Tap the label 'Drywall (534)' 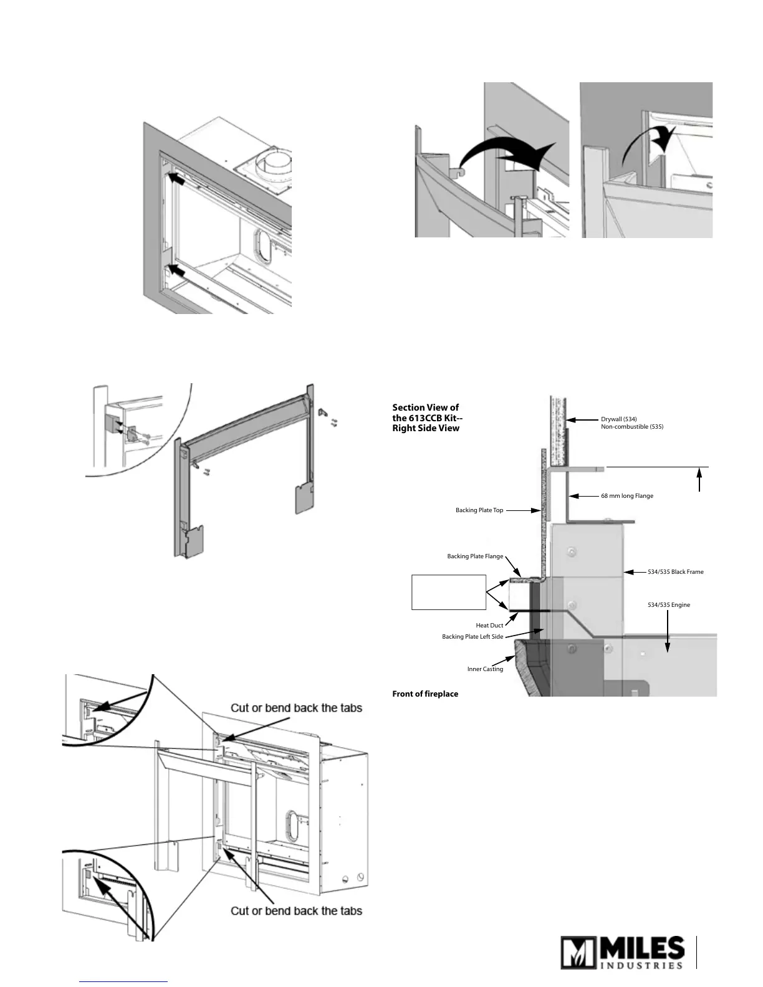(x=618, y=419)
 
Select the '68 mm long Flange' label (x=626, y=496)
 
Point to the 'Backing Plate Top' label (x=479, y=510)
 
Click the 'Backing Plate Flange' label (x=475, y=556)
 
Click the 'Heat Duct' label (x=489, y=625)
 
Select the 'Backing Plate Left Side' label (x=473, y=637)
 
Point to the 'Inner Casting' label (x=485, y=669)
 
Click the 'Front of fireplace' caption (x=425, y=694)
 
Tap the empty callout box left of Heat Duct (x=449, y=592)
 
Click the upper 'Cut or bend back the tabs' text (x=296, y=708)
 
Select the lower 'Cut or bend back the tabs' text (x=296, y=910)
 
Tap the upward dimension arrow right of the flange (x=699, y=480)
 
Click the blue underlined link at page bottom (x=124, y=981)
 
